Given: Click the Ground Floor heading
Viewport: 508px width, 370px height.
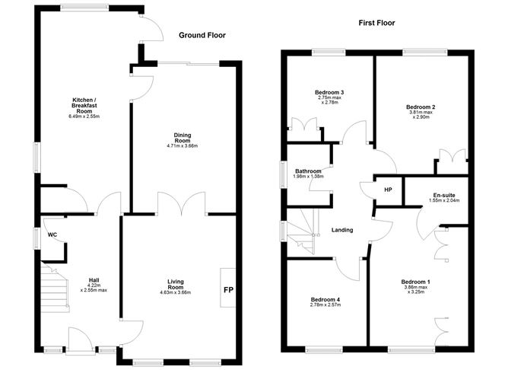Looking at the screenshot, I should [202, 35].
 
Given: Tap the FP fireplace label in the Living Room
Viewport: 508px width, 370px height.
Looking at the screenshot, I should [227, 289].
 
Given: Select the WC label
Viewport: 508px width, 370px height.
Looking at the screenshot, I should [52, 234].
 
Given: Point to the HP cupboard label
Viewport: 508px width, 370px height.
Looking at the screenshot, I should [387, 190].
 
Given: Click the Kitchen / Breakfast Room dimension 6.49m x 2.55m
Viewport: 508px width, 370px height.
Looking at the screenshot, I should [84, 116].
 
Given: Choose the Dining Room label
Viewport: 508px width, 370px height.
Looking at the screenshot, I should [182, 138].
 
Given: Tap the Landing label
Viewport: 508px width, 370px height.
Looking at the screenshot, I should [342, 230].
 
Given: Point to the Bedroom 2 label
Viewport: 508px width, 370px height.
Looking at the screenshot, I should [421, 107].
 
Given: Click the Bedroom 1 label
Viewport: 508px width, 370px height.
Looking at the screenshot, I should [415, 283].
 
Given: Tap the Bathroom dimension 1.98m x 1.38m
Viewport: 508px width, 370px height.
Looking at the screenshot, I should [309, 177].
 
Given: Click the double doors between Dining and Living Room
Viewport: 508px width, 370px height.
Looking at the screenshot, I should [182, 204].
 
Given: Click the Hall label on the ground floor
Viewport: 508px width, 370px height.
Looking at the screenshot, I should [94, 279].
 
